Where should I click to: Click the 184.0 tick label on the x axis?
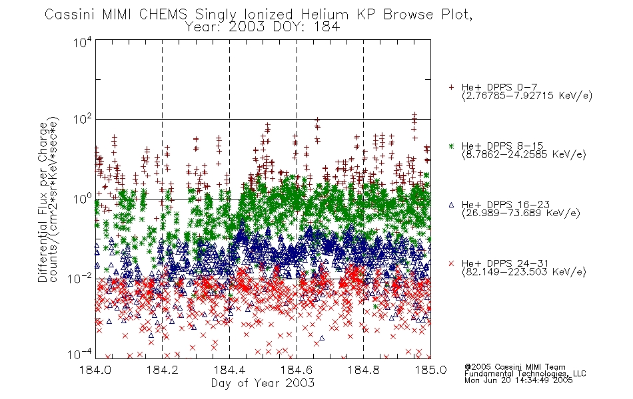pos(95,370)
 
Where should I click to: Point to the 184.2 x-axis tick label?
pos(163,370)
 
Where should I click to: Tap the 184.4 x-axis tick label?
pos(229,370)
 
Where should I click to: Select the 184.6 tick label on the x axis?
pos(297,370)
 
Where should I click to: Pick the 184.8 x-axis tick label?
pos(363,370)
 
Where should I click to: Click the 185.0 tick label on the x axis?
pos(430,370)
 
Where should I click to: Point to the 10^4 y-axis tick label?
pos(83,42)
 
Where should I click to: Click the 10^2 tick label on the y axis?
pos(83,119)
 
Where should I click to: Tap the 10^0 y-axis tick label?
pos(83,199)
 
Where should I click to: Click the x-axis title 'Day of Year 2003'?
pos(263,383)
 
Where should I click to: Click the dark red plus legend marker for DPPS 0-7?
pos(451,87)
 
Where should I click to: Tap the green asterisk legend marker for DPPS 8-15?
pos(451,146)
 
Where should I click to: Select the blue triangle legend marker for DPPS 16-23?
pos(451,205)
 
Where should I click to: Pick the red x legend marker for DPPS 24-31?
pos(451,263)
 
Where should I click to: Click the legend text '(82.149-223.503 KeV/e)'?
pos(524,272)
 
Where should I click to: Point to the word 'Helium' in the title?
pos(324,15)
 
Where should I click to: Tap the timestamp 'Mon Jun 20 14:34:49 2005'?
pos(518,380)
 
